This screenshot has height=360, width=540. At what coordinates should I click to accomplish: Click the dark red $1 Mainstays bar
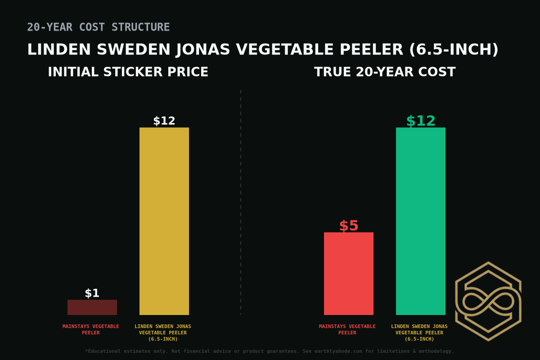pyautogui.click(x=92, y=307)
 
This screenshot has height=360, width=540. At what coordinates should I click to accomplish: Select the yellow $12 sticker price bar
pyautogui.click(x=164, y=221)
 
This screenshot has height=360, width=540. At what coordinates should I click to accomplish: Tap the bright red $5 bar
pyautogui.click(x=349, y=274)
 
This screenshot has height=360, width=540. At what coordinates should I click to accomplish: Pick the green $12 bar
pyautogui.click(x=421, y=221)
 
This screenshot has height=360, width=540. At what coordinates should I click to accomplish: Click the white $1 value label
pyautogui.click(x=92, y=293)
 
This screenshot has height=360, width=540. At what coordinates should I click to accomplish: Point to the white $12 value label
pyautogui.click(x=164, y=121)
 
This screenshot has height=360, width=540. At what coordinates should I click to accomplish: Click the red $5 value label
pyautogui.click(x=349, y=226)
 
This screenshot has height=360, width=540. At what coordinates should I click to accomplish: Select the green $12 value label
pyautogui.click(x=421, y=121)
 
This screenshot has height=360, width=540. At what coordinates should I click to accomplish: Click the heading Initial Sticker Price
pyautogui.click(x=128, y=72)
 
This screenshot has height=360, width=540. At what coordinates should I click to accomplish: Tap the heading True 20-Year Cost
pyautogui.click(x=385, y=72)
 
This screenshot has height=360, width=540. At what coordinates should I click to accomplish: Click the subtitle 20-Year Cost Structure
pyautogui.click(x=99, y=27)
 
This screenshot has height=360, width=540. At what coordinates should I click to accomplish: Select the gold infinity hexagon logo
pyautogui.click(x=488, y=301)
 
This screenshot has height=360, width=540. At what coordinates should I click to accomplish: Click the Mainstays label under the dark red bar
pyautogui.click(x=91, y=329)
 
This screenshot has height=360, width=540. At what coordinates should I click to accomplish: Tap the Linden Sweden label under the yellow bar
pyautogui.click(x=163, y=333)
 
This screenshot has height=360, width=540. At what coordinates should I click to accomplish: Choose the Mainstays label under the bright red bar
pyautogui.click(x=347, y=329)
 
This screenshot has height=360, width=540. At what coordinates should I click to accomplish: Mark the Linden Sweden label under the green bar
pyautogui.click(x=419, y=333)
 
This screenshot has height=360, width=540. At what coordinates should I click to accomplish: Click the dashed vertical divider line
pyautogui.click(x=241, y=202)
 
